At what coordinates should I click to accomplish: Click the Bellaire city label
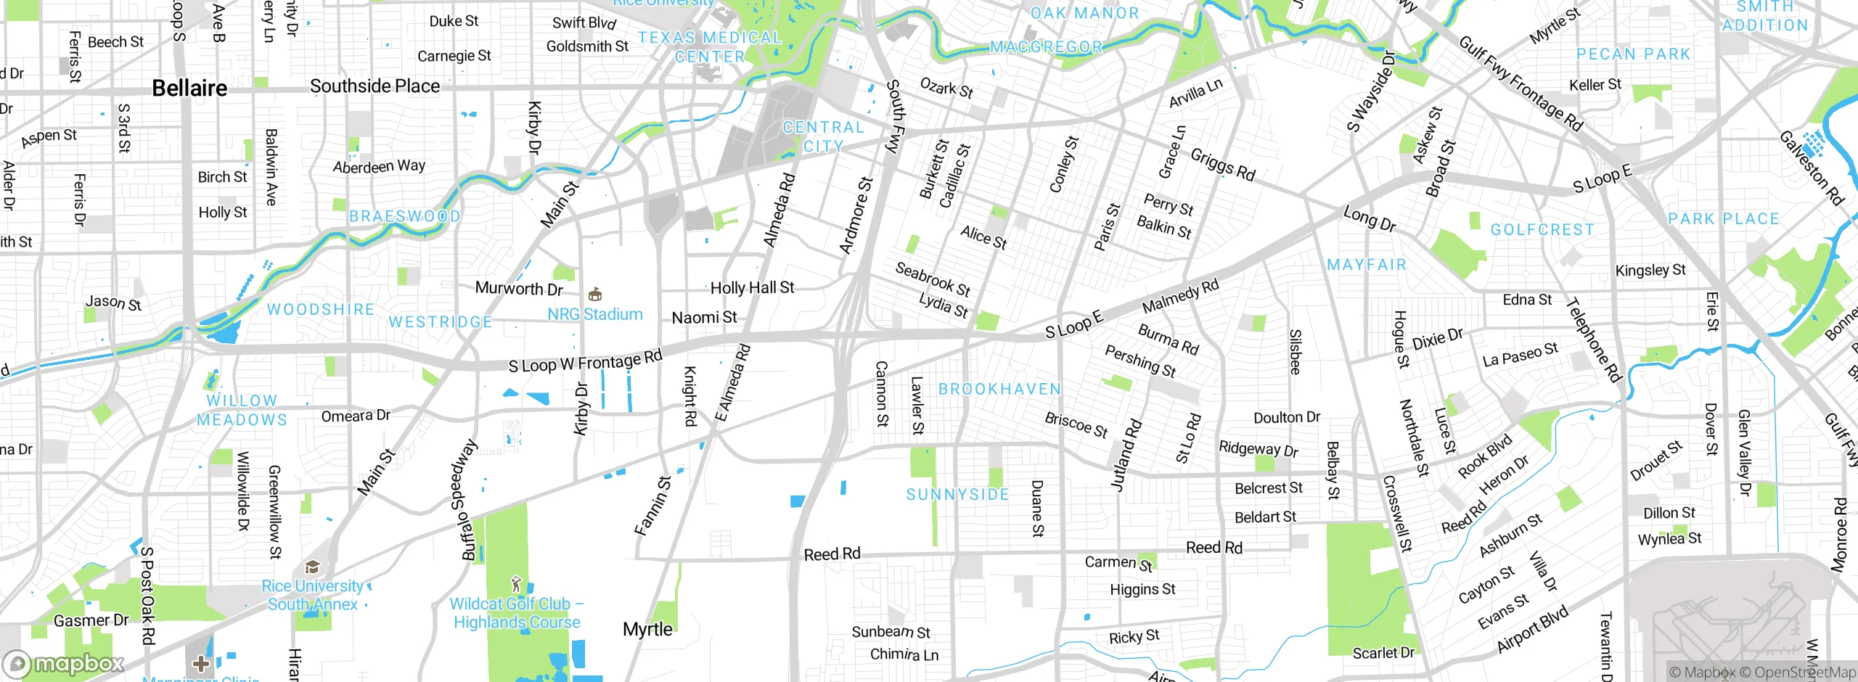[x=189, y=89]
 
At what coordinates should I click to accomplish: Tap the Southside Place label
[x=375, y=86]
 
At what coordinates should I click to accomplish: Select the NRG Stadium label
[x=594, y=314]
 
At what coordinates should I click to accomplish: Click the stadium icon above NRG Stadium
[x=595, y=294]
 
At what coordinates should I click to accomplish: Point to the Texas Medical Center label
[x=709, y=47]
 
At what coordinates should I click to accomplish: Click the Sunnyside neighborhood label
[x=957, y=495]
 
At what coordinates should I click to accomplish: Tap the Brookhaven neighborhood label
[x=999, y=389]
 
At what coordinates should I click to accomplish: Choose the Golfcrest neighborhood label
[x=1542, y=230]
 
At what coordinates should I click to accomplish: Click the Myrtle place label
[x=647, y=629]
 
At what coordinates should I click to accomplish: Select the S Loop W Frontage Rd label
[x=585, y=361]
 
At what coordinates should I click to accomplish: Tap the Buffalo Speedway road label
[x=470, y=500]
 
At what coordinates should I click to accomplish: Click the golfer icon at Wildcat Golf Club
[x=516, y=584]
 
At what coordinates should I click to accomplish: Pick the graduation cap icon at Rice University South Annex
[x=313, y=567]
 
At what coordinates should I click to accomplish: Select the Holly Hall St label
[x=752, y=288]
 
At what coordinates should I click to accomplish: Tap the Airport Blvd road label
[x=1532, y=629]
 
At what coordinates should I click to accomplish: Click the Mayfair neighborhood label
[x=1366, y=265]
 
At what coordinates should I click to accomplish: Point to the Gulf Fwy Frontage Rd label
[x=1521, y=83]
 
